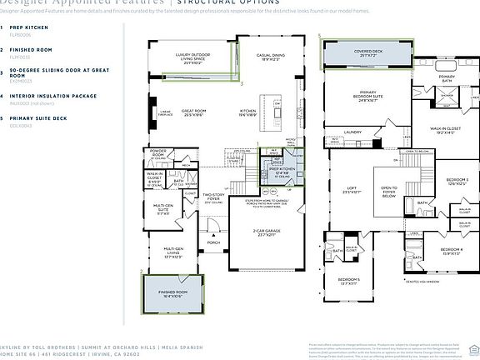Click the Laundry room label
pos(351,132)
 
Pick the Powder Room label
pos(158,153)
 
